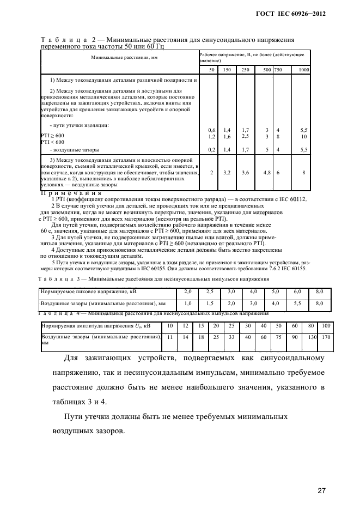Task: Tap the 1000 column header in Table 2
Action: [x=304, y=70]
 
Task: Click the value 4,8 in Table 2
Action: [x=267, y=172]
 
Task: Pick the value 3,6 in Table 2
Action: [x=245, y=172]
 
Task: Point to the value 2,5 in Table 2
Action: [x=245, y=136]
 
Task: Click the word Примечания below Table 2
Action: [x=71, y=193]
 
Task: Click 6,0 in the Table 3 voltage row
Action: [x=297, y=292]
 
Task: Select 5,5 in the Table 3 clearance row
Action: [x=297, y=303]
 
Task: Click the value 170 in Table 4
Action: [x=326, y=337]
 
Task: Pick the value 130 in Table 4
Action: [x=313, y=337]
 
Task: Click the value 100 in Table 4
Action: [x=326, y=325]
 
